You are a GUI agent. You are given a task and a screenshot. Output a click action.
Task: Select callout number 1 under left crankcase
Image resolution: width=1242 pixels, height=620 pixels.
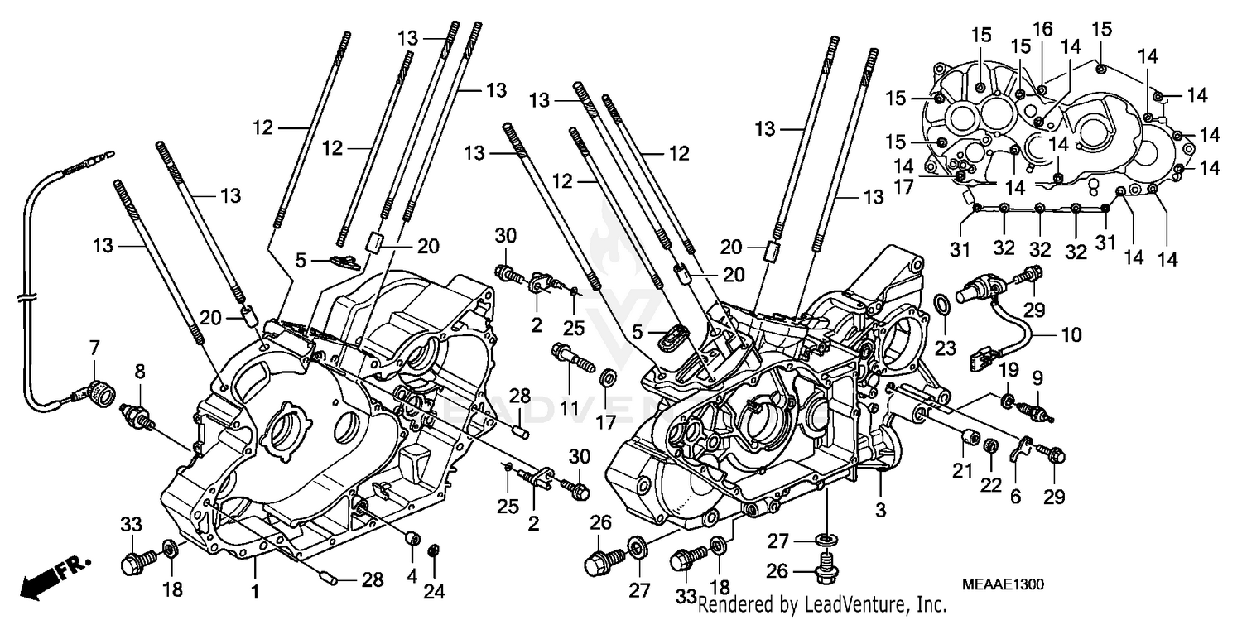(x=255, y=593)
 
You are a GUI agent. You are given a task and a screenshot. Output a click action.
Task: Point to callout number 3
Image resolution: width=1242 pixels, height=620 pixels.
(x=880, y=510)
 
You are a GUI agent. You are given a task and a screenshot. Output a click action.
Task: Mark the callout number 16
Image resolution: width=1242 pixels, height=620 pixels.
(x=1042, y=29)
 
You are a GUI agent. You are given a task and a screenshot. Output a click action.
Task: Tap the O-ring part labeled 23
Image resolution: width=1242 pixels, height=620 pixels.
(x=942, y=305)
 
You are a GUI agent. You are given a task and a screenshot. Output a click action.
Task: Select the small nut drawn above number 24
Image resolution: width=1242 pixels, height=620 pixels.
(x=433, y=550)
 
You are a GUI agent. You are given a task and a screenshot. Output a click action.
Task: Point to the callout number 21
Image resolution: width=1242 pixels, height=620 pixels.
(x=961, y=471)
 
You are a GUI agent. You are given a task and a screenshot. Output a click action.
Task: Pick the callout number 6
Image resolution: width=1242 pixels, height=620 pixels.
(x=1015, y=496)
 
